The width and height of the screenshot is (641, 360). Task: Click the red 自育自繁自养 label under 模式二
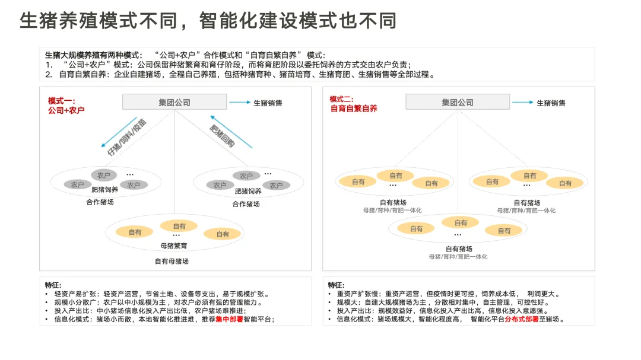pyautogui.click(x=354, y=109)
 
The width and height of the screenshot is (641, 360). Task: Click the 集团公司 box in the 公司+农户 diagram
pyautogui.click(x=174, y=103)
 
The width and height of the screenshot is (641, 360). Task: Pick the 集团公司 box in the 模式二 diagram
pyautogui.click(x=458, y=103)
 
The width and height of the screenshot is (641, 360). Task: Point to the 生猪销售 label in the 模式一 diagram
pyautogui.click(x=268, y=103)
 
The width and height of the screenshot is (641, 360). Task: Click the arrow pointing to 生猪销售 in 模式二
pyautogui.click(x=522, y=103)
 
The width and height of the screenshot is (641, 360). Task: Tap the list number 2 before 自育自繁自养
pyautogui.click(x=49, y=74)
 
